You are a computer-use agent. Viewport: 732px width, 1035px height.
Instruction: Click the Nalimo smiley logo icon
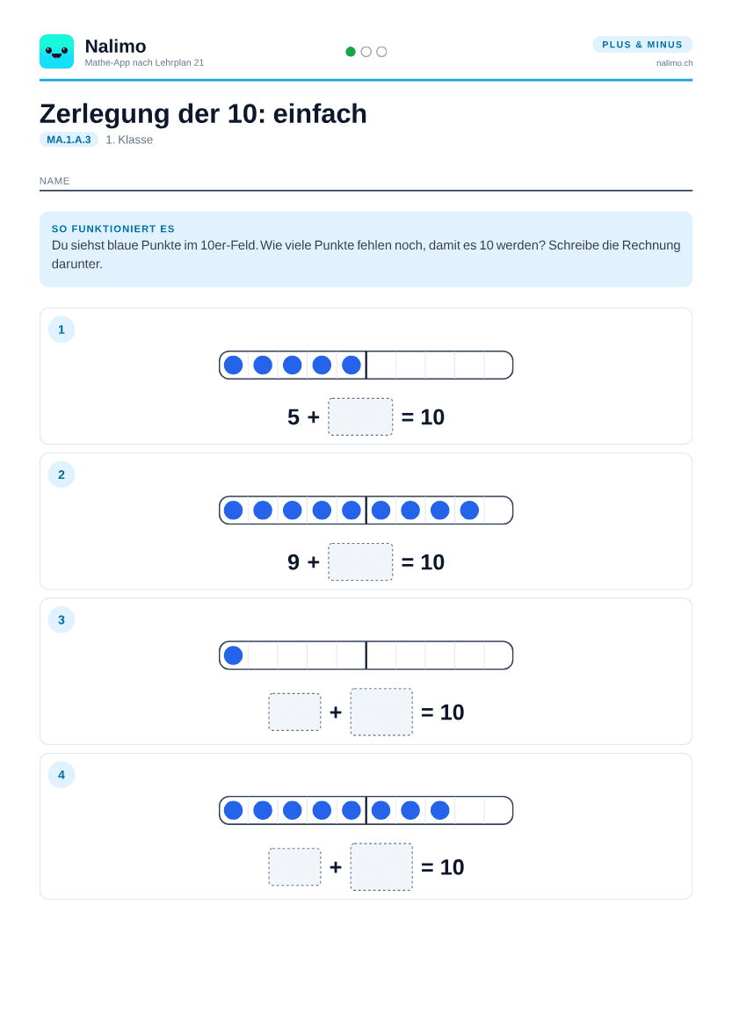point(57,52)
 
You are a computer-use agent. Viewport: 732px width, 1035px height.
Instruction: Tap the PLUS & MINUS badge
point(642,44)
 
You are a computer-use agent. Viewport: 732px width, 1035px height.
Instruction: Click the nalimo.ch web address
point(674,63)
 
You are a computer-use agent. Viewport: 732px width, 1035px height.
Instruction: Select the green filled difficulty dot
point(351,52)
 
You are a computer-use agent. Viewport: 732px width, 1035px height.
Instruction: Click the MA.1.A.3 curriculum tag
point(69,140)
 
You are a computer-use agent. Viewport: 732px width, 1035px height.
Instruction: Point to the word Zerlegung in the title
point(105,114)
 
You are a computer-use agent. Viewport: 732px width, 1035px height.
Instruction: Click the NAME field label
point(54,181)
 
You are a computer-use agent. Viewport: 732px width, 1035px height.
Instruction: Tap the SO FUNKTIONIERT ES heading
point(112,228)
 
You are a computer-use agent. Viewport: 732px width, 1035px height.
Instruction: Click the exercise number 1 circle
point(62,329)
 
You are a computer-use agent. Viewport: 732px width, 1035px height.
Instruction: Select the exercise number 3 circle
point(62,619)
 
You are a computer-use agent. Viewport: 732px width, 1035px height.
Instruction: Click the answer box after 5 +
point(360,416)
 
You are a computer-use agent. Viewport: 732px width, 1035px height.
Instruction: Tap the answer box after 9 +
point(360,561)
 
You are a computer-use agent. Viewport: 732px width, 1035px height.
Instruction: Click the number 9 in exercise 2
point(294,561)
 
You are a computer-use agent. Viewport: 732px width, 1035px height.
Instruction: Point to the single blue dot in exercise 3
point(233,655)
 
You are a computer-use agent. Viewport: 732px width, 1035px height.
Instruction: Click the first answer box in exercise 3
point(294,712)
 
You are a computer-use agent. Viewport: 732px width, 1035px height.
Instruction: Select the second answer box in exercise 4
point(381,866)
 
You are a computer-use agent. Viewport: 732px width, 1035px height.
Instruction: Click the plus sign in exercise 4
point(336,866)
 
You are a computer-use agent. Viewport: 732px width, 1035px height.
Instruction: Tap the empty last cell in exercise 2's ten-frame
point(498,510)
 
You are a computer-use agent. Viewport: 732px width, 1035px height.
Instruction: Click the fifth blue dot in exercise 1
point(352,365)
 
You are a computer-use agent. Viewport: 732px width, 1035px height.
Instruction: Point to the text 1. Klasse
point(129,140)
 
